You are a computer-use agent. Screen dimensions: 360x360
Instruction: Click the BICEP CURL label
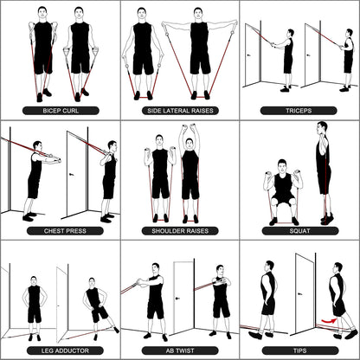coord(59,111)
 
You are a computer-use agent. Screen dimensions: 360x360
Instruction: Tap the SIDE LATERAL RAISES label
coord(179,111)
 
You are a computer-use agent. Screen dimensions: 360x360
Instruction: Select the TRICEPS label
coord(299,111)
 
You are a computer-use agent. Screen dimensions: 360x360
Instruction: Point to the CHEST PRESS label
coord(59,231)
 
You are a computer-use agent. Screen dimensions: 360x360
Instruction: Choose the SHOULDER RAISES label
coord(179,231)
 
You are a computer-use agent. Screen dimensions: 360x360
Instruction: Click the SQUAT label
coord(299,231)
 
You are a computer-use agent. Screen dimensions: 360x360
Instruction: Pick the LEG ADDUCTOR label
coord(59,350)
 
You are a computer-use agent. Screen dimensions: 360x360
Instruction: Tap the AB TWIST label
coord(179,350)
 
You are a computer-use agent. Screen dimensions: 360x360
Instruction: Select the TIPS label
coord(299,350)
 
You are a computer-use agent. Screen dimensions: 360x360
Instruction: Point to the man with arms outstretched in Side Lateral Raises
coord(199,52)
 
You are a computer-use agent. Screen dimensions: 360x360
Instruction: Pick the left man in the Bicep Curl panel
coord(42,52)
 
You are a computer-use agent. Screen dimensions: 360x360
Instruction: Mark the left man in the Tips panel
coord(267,303)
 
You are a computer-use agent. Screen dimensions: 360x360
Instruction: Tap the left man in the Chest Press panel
coord(35,177)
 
